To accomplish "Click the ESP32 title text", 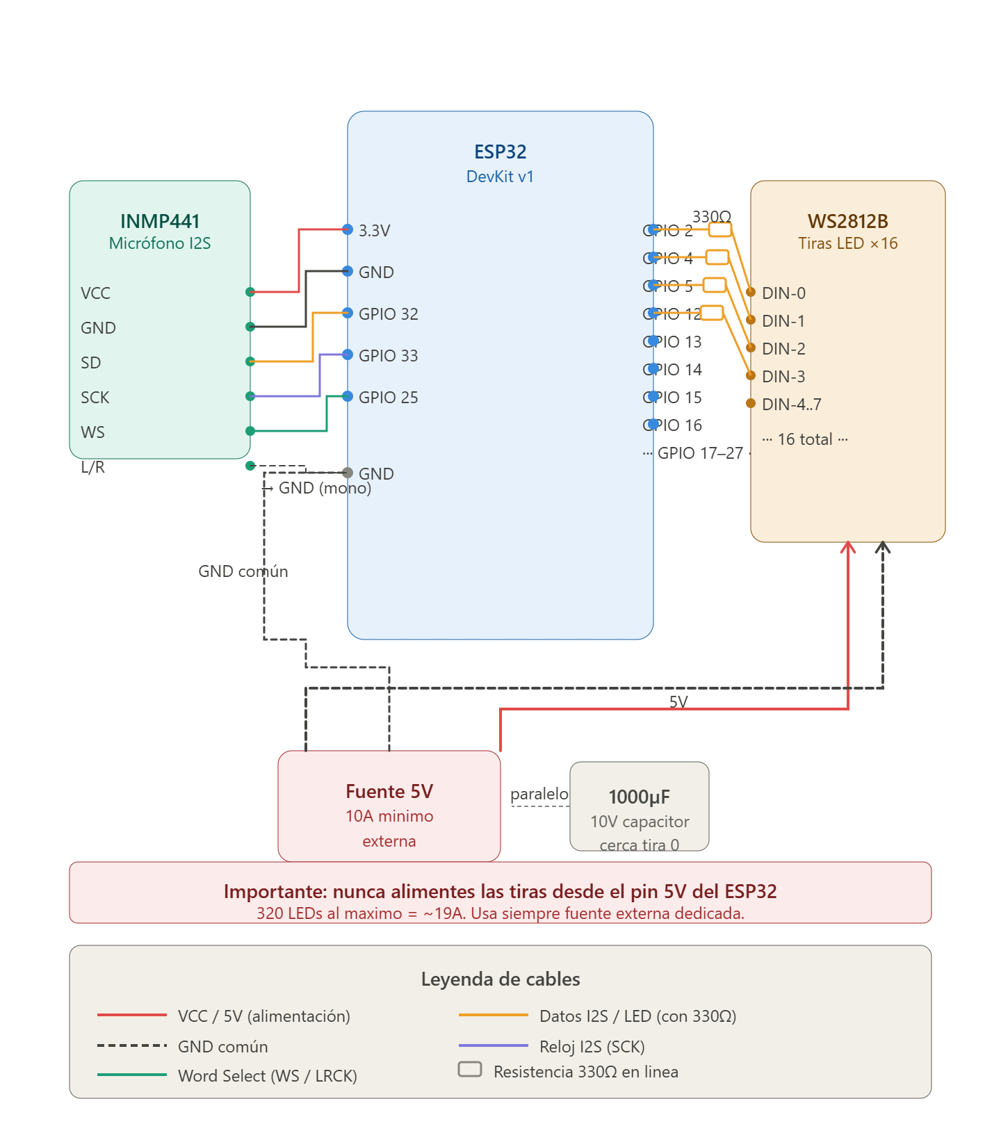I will [x=500, y=152].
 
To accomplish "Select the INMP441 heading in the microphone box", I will [x=160, y=221].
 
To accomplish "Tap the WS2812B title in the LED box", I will [x=847, y=221].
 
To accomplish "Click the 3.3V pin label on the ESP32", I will [x=374, y=231].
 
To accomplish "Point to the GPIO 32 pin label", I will [x=388, y=314].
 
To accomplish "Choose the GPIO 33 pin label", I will [x=388, y=356].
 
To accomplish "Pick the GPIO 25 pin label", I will [x=388, y=398].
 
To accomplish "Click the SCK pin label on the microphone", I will [x=95, y=398].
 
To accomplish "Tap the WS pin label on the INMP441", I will [x=92, y=432].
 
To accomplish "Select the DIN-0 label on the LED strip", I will [x=783, y=293].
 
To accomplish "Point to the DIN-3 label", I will [x=783, y=377].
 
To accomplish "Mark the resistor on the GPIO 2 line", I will [x=720, y=230].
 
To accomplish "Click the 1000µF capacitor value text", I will [x=639, y=797].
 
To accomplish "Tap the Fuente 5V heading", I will [x=389, y=792].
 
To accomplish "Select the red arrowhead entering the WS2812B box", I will [x=848, y=548].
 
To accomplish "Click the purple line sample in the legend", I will [x=493, y=1045].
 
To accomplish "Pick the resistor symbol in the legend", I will [x=470, y=1069].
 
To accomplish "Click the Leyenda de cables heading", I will [x=500, y=979].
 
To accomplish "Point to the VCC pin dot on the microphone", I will [x=250, y=292].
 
